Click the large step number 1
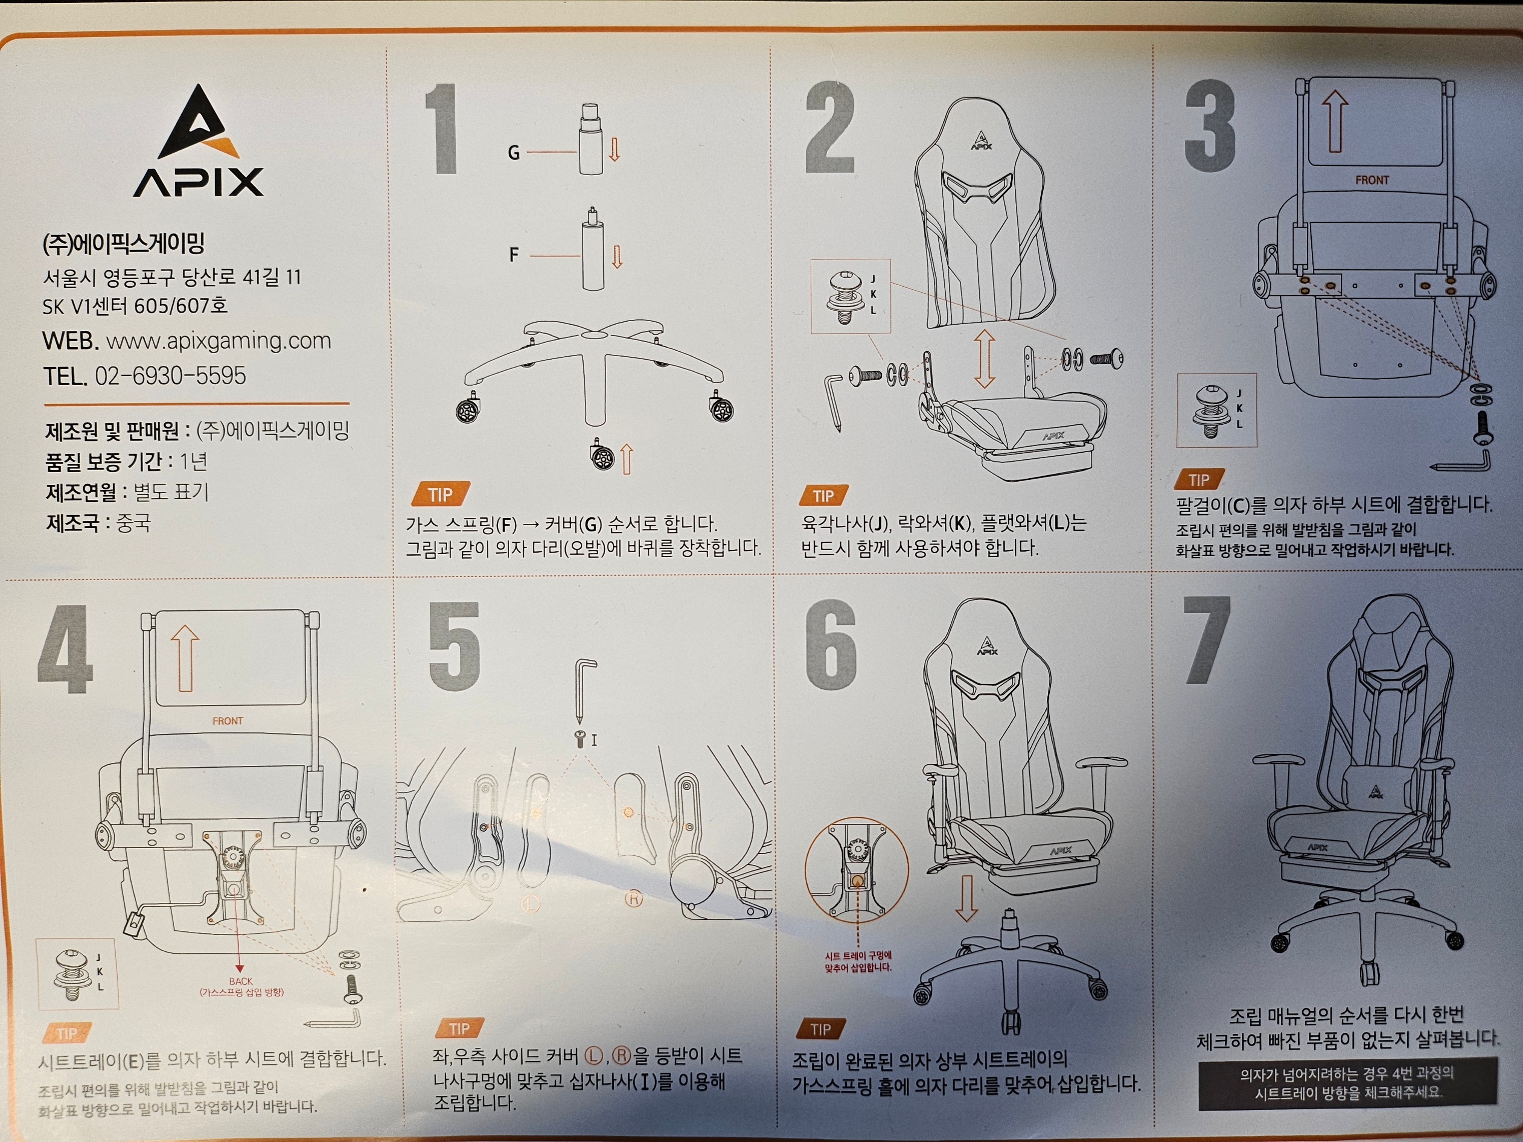443,129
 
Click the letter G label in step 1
514,153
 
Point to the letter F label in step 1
514,255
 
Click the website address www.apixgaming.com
218,341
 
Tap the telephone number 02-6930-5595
170,376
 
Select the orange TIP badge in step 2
824,495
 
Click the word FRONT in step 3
1372,180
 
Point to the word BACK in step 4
241,981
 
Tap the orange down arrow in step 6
966,898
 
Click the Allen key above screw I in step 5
584,688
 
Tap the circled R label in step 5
634,899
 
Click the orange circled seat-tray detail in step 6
856,870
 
